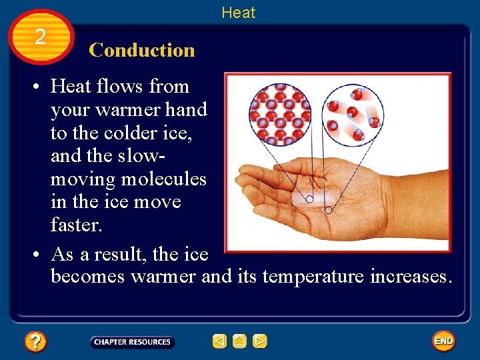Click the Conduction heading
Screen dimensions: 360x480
tap(141, 50)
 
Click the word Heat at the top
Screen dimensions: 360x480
tap(238, 12)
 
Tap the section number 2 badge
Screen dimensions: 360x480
tap(41, 37)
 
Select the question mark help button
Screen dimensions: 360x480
tap(35, 342)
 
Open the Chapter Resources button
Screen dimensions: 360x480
tap(132, 342)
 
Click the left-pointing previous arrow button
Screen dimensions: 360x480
tap(219, 342)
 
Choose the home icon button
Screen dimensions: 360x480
tap(239, 342)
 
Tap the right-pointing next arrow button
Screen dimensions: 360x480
tap(260, 342)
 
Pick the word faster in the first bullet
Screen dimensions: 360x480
tap(77, 225)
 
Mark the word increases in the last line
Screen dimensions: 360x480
tap(411, 275)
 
